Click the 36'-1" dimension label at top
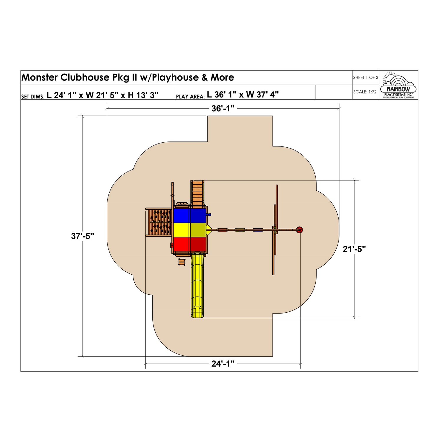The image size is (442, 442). [x=223, y=108]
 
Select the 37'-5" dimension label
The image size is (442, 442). [x=83, y=236]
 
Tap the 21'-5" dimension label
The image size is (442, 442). [x=354, y=249]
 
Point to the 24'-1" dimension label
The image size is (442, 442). [x=223, y=364]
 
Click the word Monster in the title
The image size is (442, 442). [x=40, y=77]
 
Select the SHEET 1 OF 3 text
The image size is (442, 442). [x=365, y=77]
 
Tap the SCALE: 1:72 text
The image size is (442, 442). [x=365, y=92]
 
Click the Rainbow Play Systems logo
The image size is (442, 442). [x=398, y=85]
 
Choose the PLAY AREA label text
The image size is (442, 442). [x=190, y=96]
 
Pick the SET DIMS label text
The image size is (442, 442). [x=33, y=96]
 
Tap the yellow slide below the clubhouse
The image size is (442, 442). [x=197, y=286]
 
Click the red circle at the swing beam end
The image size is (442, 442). [x=299, y=230]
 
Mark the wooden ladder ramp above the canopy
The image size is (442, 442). [x=197, y=193]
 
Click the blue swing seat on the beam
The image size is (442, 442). [x=258, y=230]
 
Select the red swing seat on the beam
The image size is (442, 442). [x=222, y=230]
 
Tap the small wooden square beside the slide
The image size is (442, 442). [x=182, y=262]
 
